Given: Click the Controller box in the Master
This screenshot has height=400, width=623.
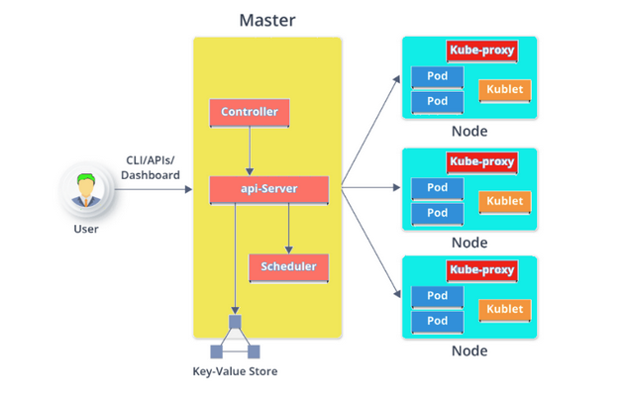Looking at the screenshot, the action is click(250, 113).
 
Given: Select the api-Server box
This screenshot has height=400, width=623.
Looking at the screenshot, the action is click(269, 190).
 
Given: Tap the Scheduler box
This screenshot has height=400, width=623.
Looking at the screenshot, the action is click(289, 267).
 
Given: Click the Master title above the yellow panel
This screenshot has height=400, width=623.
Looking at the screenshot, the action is click(267, 20).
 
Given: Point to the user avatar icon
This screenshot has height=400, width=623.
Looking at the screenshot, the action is click(86, 190).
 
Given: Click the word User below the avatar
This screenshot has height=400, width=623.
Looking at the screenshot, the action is click(86, 229).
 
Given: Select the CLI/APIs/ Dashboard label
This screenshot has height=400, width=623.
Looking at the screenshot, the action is click(151, 167).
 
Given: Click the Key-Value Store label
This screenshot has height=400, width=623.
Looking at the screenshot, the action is click(235, 371).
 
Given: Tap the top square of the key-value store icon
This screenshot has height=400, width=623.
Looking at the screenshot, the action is click(235, 322).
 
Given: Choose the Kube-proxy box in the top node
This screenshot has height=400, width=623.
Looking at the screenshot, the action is click(482, 50).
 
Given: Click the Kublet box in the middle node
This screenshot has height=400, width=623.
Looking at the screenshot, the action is click(505, 202).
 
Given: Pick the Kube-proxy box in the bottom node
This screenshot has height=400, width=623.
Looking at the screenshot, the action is click(482, 271).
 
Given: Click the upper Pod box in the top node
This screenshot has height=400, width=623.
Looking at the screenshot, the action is click(438, 77).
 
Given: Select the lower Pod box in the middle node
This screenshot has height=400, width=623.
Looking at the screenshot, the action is click(438, 214).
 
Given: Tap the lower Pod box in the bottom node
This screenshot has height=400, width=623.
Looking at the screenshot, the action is click(438, 322).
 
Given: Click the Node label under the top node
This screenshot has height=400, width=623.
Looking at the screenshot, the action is click(469, 131).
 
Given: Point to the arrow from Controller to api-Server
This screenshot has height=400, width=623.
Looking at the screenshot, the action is click(250, 151).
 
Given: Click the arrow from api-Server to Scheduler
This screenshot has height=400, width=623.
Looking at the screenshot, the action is click(289, 229).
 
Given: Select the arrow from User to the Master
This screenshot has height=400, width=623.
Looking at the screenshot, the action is click(154, 189).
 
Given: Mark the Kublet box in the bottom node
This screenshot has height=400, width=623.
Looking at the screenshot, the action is click(505, 310).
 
